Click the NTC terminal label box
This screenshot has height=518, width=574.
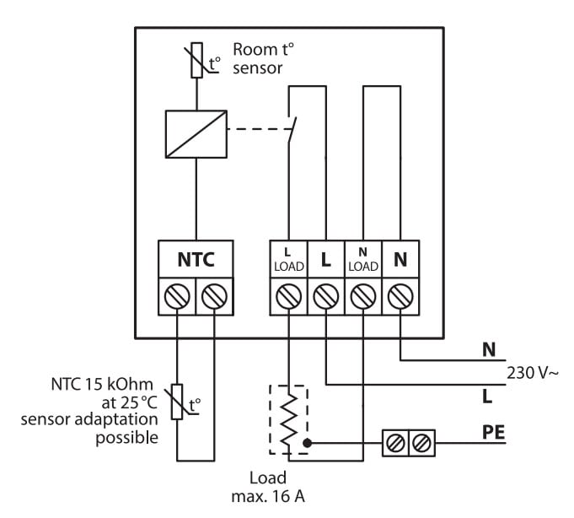pyautogui.click(x=196, y=261)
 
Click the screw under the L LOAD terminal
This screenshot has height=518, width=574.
pyautogui.click(x=288, y=296)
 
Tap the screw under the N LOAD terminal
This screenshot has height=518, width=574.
pyautogui.click(x=362, y=296)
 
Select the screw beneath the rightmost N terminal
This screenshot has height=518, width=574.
pyautogui.click(x=400, y=296)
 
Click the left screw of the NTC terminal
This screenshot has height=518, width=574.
pyautogui.click(x=177, y=296)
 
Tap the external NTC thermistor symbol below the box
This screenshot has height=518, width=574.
pyautogui.click(x=178, y=402)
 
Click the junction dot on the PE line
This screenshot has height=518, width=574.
pyautogui.click(x=308, y=441)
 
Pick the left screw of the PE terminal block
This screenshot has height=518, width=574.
pyautogui.click(x=393, y=441)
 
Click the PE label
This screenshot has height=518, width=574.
pyautogui.click(x=495, y=433)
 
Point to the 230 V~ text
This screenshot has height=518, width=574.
pyautogui.click(x=531, y=371)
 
